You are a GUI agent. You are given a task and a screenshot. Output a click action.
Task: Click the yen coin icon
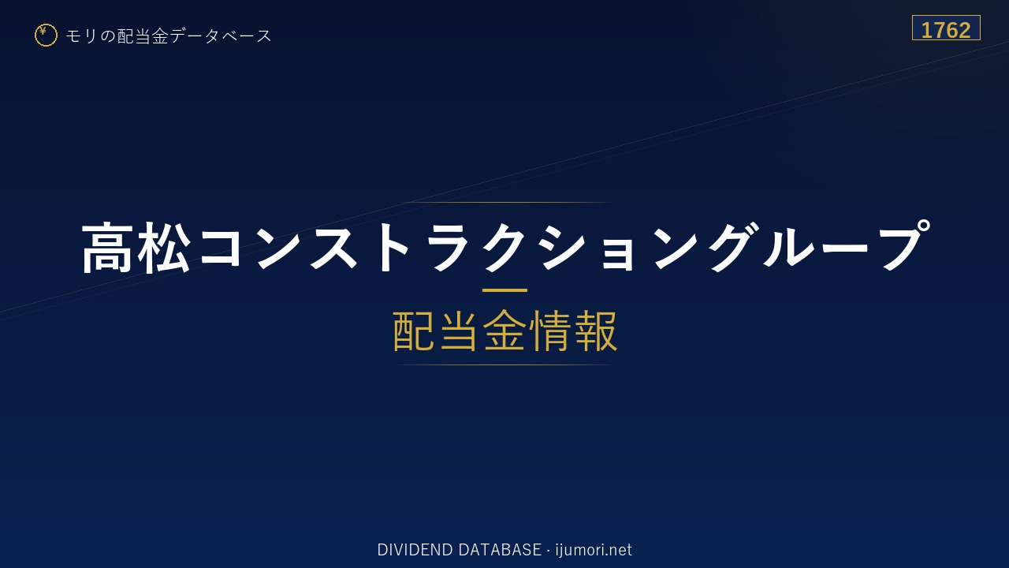click(46, 35)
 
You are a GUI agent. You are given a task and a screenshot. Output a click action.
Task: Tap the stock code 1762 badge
click(946, 28)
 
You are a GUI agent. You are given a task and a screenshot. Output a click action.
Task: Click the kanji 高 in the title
click(107, 248)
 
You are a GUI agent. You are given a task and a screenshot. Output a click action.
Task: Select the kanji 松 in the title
click(164, 248)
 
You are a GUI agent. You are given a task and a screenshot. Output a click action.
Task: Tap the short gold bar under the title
click(504, 290)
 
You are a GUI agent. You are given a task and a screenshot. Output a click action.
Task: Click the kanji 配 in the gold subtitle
click(414, 331)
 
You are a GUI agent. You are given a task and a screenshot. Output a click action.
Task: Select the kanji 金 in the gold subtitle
click(504, 331)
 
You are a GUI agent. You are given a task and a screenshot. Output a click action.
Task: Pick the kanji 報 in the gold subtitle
click(596, 331)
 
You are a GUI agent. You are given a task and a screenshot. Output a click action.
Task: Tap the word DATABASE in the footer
click(500, 550)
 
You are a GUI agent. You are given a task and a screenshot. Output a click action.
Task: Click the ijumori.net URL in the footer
click(594, 550)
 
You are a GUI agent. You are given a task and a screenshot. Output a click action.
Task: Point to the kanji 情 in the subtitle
click(550, 331)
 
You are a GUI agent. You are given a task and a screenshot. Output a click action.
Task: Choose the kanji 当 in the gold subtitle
click(459, 331)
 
